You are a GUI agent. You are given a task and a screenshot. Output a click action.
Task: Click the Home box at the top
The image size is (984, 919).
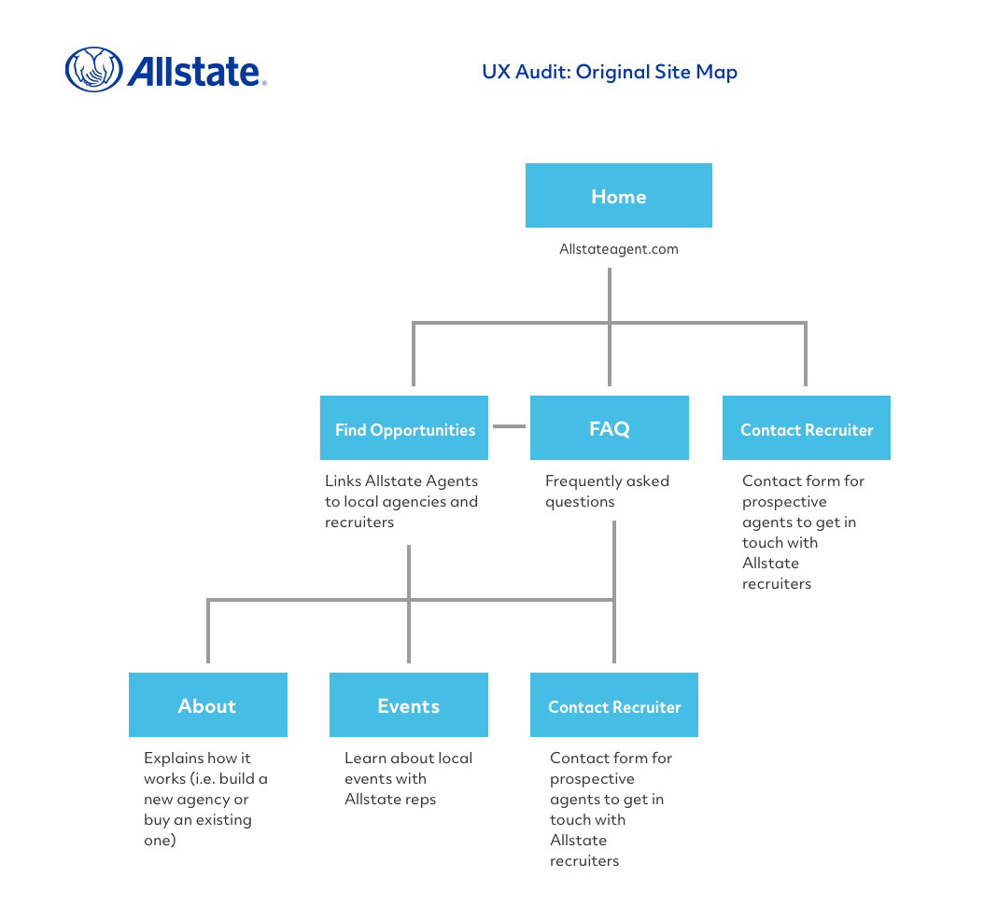[618, 195]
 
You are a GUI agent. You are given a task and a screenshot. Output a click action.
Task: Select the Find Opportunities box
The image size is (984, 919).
[404, 427]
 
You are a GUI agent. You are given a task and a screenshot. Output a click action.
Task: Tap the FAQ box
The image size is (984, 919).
[610, 427]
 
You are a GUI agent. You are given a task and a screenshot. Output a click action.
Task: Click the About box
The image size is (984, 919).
[207, 704]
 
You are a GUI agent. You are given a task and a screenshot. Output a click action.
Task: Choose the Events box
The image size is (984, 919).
[409, 704]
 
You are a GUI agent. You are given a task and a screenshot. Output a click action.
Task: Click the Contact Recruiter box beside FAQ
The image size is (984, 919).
[807, 427]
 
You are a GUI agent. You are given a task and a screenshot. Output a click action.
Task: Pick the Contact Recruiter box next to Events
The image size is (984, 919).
[613, 704]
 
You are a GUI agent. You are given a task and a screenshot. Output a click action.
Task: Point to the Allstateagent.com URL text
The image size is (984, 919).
[619, 249]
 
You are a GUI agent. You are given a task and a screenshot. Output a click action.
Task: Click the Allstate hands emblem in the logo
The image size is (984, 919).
[94, 69]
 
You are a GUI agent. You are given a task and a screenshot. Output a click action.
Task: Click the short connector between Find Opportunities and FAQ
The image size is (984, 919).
[509, 426]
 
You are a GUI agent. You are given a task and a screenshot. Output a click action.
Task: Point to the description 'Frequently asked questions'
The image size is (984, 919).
[607, 491]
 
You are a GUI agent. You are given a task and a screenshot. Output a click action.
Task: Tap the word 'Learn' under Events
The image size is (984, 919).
[365, 758]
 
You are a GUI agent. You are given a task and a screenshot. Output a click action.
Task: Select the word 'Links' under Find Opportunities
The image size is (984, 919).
[343, 480]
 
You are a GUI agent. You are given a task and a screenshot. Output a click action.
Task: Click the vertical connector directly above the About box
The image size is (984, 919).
[207, 631]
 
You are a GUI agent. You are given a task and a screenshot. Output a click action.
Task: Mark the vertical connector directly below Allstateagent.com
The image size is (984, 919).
[610, 327]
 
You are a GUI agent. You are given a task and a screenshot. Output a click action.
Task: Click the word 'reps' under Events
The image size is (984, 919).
[420, 800]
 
